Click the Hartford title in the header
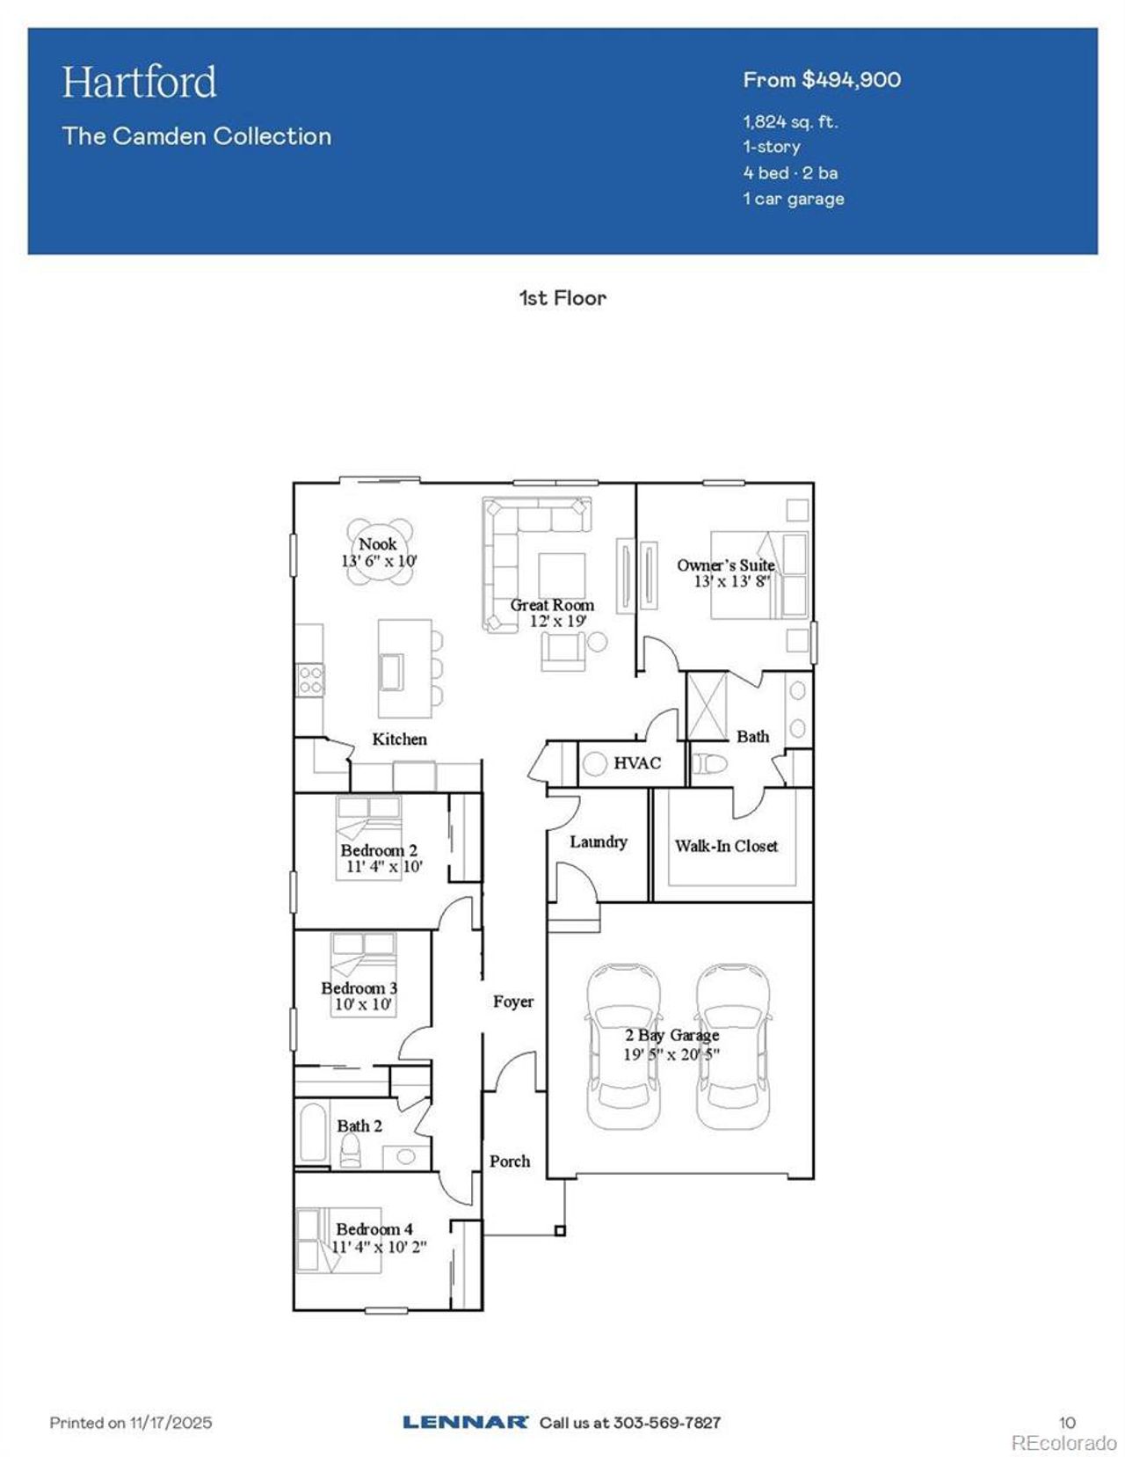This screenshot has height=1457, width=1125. [139, 83]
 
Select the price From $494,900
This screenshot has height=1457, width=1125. [822, 80]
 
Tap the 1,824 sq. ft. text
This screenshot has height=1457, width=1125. [790, 122]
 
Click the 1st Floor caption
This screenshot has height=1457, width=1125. [562, 298]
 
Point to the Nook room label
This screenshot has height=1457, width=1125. [377, 544]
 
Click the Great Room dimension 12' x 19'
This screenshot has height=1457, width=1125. [557, 621]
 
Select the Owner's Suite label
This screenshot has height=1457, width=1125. [725, 565]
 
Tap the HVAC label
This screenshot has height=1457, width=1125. [636, 763]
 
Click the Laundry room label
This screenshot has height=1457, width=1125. [598, 841]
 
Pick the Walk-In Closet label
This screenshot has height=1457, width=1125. [726, 846]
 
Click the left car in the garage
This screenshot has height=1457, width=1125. [623, 1046]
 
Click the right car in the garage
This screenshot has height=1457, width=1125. [734, 1046]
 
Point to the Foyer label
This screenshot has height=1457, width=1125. [512, 1002]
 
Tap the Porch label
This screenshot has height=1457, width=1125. [510, 1162]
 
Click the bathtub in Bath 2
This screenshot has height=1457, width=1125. [314, 1133]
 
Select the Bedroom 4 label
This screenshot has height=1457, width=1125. [374, 1229]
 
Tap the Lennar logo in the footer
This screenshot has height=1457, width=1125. [465, 1422]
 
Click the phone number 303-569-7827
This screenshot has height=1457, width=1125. [666, 1422]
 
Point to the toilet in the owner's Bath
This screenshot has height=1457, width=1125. [708, 763]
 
